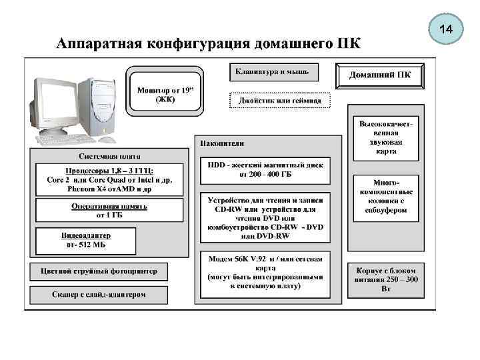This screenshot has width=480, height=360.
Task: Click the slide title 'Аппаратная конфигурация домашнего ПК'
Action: [209, 44]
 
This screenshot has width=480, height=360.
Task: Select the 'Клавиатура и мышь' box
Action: [275, 71]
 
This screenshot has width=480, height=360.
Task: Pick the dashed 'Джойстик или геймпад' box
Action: [279, 100]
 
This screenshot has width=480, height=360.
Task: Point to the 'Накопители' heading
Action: [222, 143]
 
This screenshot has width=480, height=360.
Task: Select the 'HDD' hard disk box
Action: [265, 169]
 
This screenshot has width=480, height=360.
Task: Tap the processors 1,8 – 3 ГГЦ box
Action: [99, 180]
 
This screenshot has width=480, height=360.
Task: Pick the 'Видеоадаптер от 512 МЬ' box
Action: [86, 240]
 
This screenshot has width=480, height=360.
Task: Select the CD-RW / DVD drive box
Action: [265, 217]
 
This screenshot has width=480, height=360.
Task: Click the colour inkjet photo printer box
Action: [99, 271]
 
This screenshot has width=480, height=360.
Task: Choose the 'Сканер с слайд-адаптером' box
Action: [99, 294]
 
